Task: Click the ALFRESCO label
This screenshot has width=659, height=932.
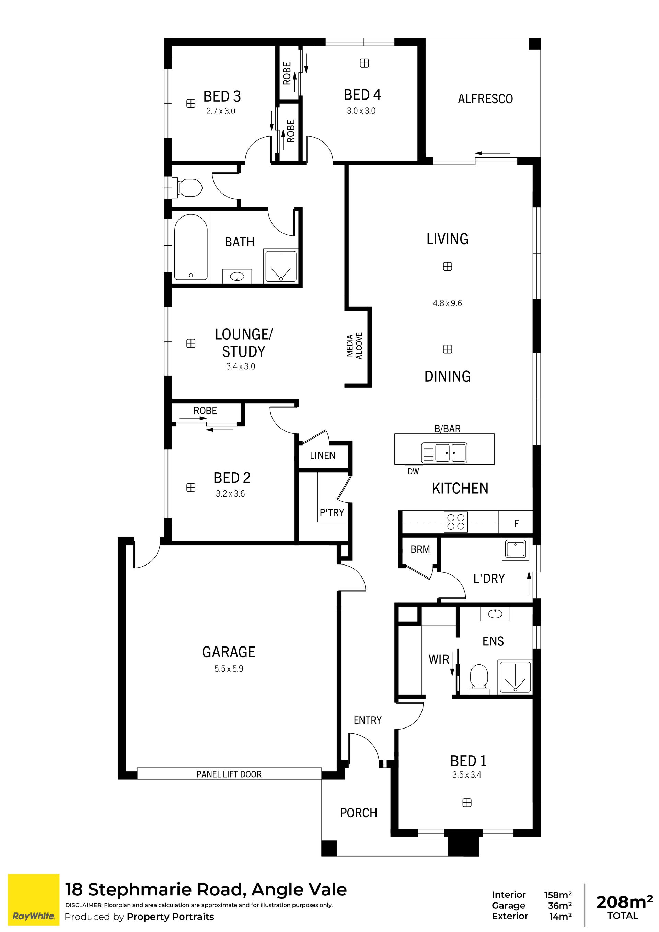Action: pos(485,98)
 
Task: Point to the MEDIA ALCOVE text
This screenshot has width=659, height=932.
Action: pos(355,346)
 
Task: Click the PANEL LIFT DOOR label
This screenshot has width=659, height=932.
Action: pos(229,774)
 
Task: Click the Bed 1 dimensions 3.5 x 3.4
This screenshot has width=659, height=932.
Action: pos(467,774)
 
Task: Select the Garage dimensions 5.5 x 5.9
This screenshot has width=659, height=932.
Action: pos(229,668)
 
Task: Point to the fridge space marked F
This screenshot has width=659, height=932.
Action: pos(517,523)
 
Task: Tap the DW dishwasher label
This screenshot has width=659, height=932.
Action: pos(413,471)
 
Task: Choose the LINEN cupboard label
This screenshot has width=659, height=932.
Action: pos(323,455)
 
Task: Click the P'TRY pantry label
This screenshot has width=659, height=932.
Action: pos(332,513)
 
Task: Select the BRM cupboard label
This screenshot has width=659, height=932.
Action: pos(420,549)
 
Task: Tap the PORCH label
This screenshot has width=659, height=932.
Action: pos(359,813)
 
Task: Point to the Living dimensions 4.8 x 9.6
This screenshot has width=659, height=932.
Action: pos(448,303)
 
